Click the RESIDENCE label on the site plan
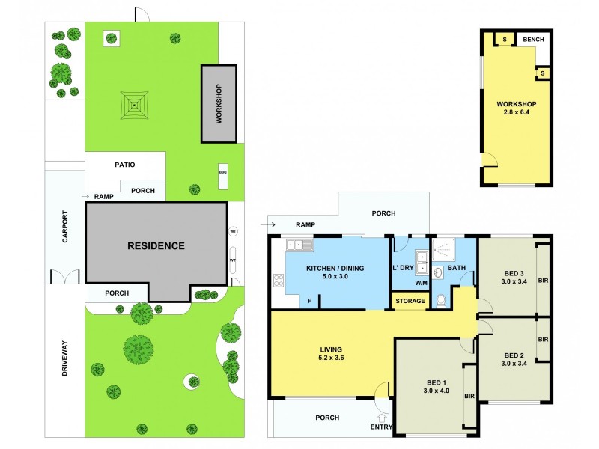(x=155, y=245)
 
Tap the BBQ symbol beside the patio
(x=222, y=171)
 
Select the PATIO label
(x=124, y=164)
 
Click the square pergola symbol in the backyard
(x=133, y=106)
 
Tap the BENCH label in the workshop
(x=533, y=40)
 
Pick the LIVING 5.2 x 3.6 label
(x=331, y=353)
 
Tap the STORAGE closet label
(x=410, y=302)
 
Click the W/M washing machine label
(x=421, y=283)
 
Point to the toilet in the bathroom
(x=440, y=301)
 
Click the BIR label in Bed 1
(x=470, y=397)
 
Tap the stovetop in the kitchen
(x=279, y=281)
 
